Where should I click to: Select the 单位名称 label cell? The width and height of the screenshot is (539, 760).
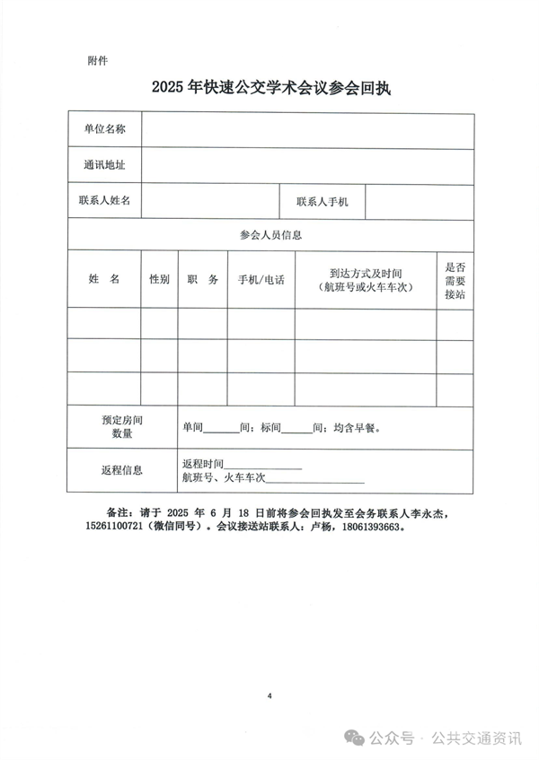pos(104,129)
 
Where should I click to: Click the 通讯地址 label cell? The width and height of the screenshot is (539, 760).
pos(104,165)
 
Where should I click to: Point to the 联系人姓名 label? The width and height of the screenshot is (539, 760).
pos(104,201)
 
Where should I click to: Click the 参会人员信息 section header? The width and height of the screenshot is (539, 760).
pos(270,235)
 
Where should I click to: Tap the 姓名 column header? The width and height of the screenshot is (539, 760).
pos(104,280)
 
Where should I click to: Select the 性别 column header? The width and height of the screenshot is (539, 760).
pos(159,280)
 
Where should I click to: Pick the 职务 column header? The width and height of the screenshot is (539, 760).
pos(202,280)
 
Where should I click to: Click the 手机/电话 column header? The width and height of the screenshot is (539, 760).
pos(261,280)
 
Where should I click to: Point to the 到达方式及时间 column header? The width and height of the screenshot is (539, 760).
pos(365,280)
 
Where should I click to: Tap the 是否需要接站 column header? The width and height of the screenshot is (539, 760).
pos(455,280)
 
